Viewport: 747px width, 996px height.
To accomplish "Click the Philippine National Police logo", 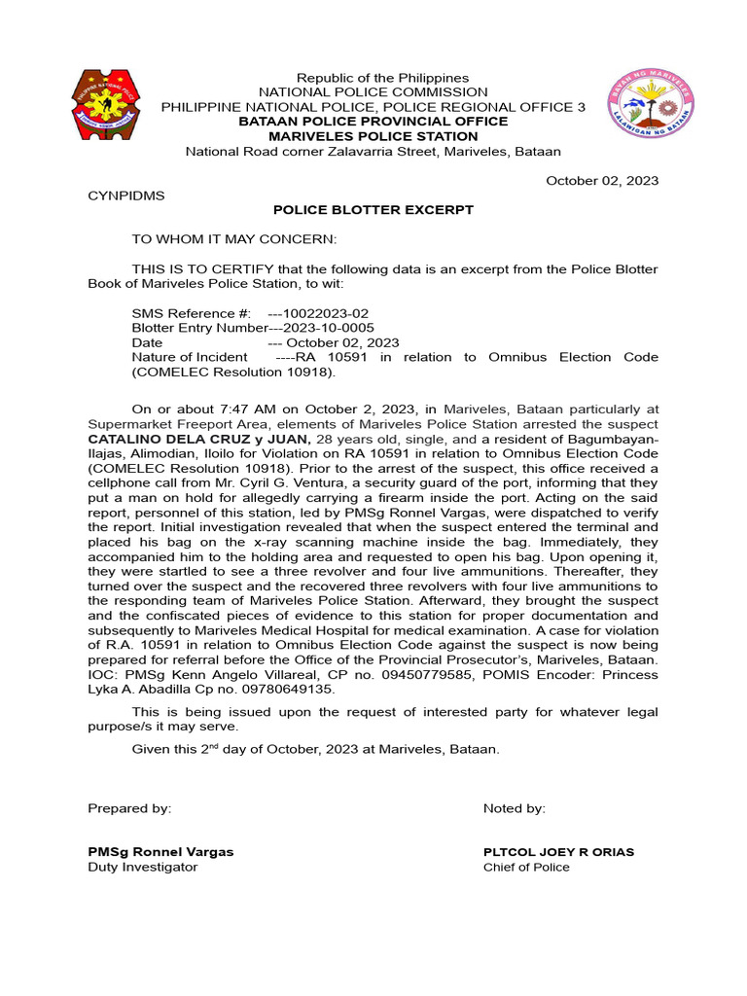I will click(113, 104).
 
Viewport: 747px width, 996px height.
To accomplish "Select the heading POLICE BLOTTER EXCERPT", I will click(373, 210).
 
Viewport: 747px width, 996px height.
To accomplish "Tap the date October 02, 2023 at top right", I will click(601, 181).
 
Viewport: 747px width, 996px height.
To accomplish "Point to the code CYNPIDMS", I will click(126, 196).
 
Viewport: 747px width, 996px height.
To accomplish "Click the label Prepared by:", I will click(129, 808).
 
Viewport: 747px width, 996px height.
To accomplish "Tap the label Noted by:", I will click(515, 808).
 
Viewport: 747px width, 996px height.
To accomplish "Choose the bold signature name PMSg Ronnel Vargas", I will click(160, 852).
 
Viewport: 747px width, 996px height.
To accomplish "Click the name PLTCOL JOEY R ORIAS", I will click(558, 852).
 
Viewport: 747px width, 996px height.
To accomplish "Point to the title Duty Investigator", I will click(142, 867).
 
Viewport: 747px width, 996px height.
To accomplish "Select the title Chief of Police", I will click(526, 867).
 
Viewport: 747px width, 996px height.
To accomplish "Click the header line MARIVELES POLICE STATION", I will click(373, 137).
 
